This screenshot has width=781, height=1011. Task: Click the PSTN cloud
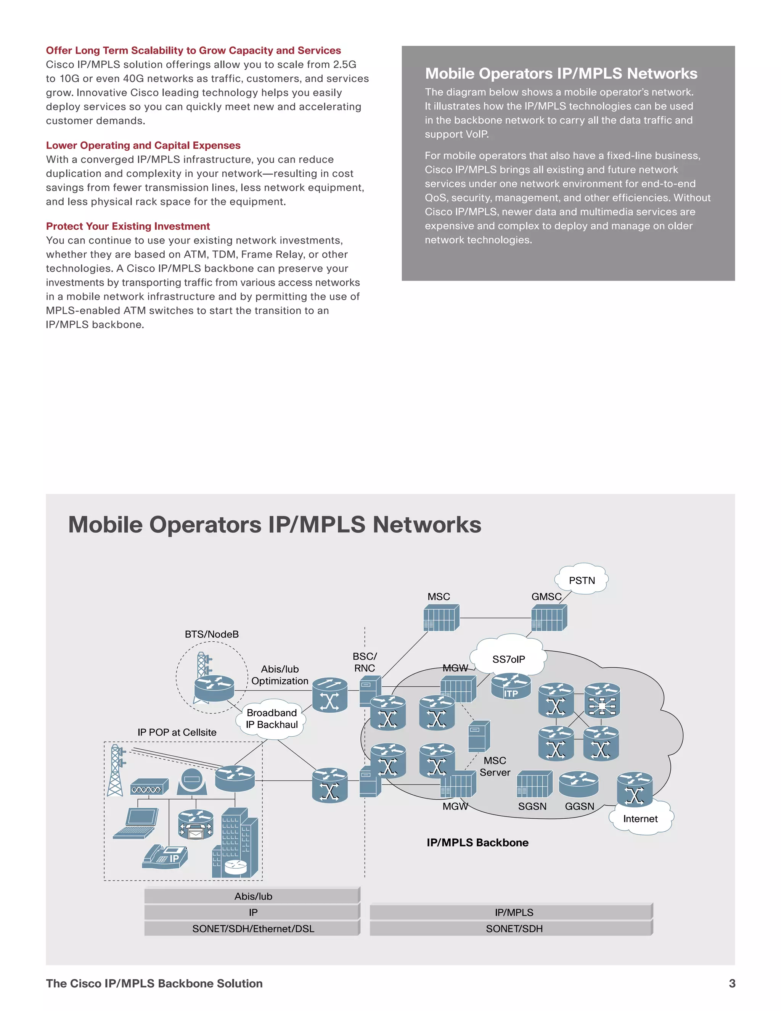(x=582, y=580)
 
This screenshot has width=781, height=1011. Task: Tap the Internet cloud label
(x=640, y=818)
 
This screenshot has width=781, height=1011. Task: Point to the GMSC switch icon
(x=549, y=618)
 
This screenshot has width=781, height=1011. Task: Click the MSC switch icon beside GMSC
(x=441, y=618)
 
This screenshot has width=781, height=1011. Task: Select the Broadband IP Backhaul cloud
(x=272, y=718)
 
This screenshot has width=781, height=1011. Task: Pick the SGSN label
(x=532, y=806)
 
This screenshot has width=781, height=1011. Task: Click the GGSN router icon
(x=579, y=784)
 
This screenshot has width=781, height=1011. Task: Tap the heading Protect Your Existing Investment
(x=128, y=226)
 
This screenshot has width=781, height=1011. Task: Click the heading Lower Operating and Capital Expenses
(x=143, y=145)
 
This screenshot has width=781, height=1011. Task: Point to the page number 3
(x=731, y=983)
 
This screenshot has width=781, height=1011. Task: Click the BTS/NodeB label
(x=211, y=634)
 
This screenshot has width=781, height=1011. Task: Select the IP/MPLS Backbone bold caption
(x=477, y=842)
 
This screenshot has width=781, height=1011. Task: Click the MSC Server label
(x=495, y=766)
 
